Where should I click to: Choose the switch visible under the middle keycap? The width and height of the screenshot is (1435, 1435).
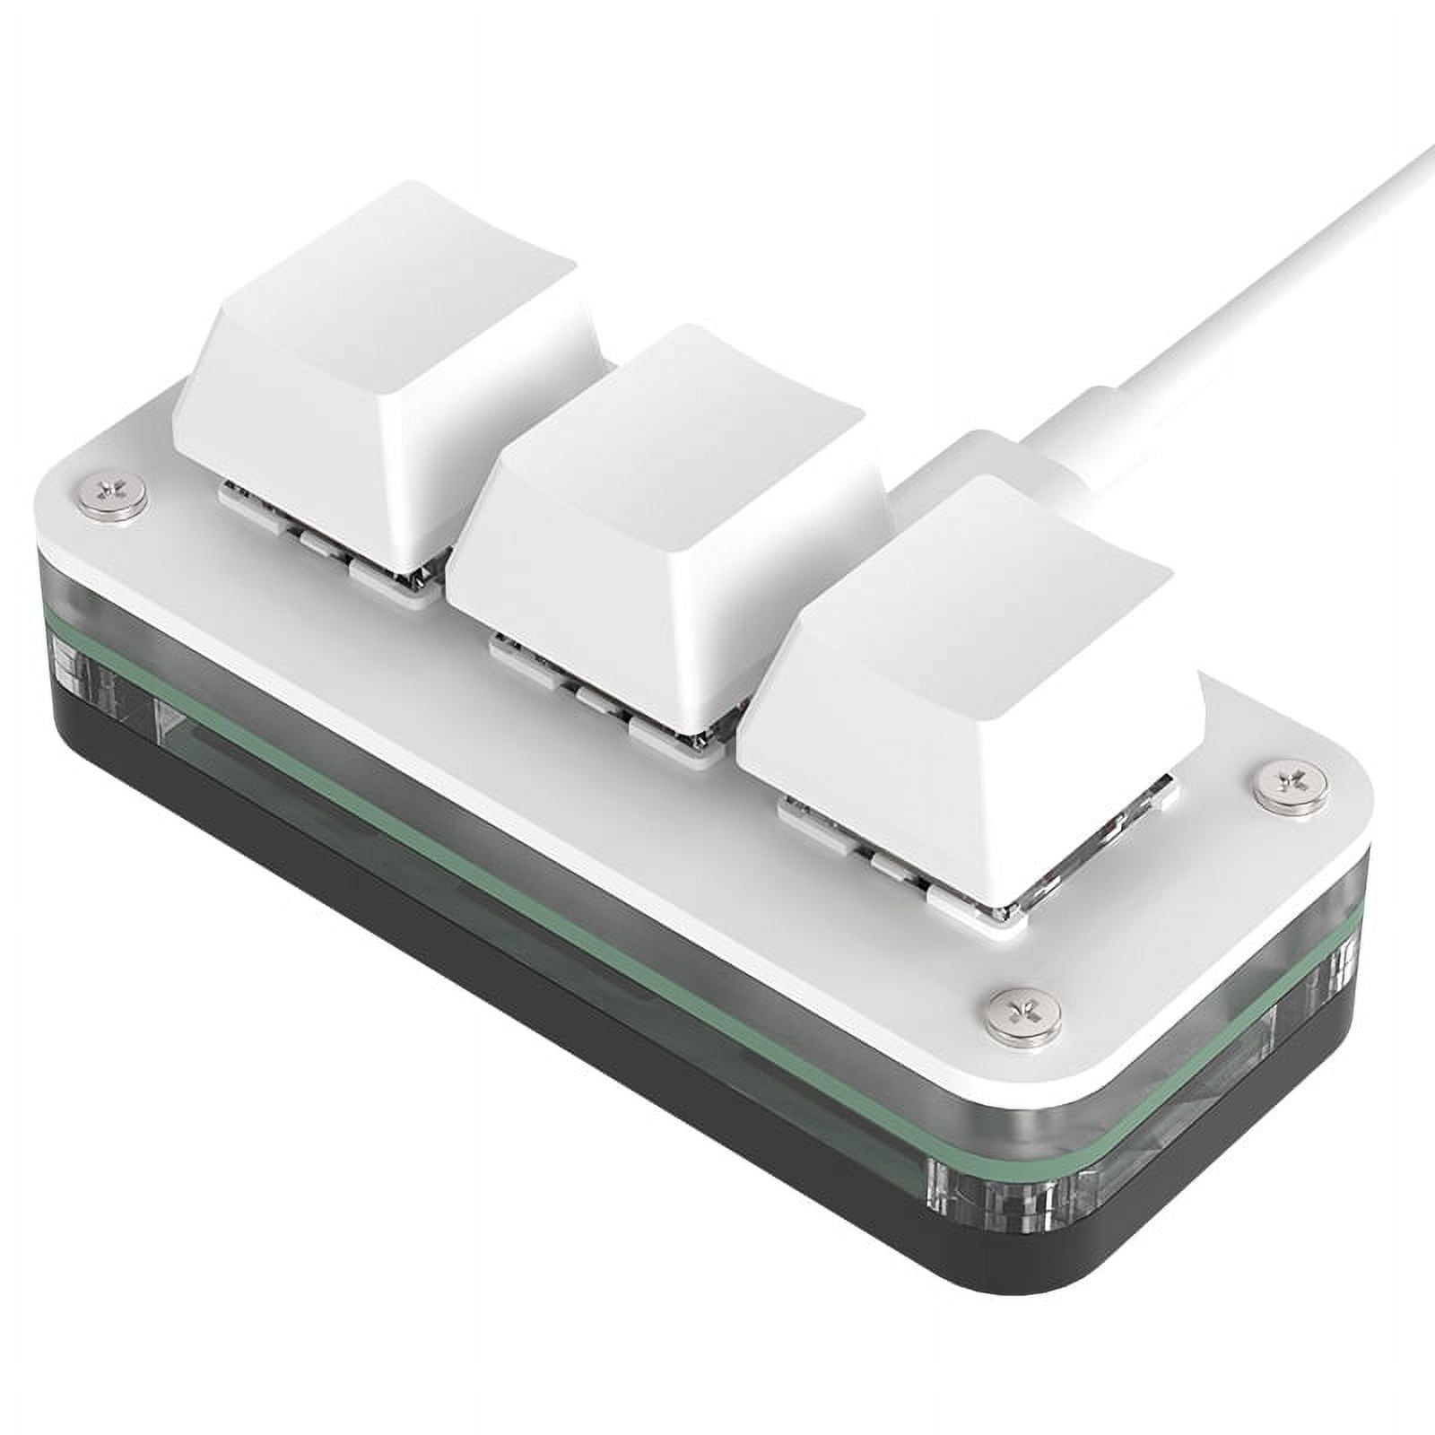628,709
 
